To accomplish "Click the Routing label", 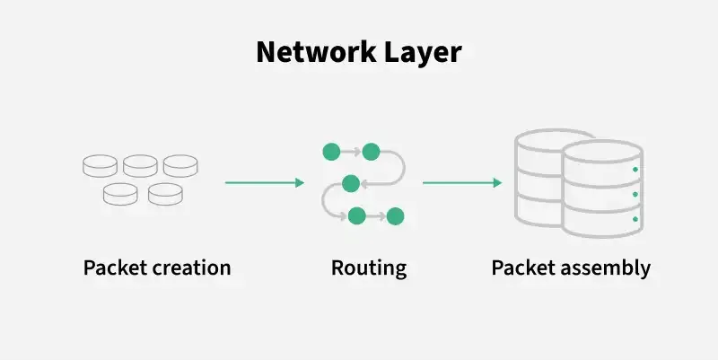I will [369, 268].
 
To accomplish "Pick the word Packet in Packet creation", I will [112, 268].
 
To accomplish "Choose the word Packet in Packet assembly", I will [521, 268].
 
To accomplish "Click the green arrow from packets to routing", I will [265, 183].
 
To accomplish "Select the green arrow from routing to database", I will [462, 183].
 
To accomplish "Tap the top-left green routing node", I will [330, 151].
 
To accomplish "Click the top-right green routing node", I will [371, 151].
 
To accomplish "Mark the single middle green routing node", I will [351, 183].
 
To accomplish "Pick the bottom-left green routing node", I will [356, 215].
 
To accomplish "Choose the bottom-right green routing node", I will [396, 216].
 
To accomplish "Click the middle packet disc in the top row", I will [140, 165].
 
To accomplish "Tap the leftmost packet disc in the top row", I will [100, 165].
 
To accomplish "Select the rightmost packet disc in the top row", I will [179, 165].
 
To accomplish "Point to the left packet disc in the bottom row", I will [120, 192].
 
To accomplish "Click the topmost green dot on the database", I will [635, 169].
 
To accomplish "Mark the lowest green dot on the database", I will [635, 219].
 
